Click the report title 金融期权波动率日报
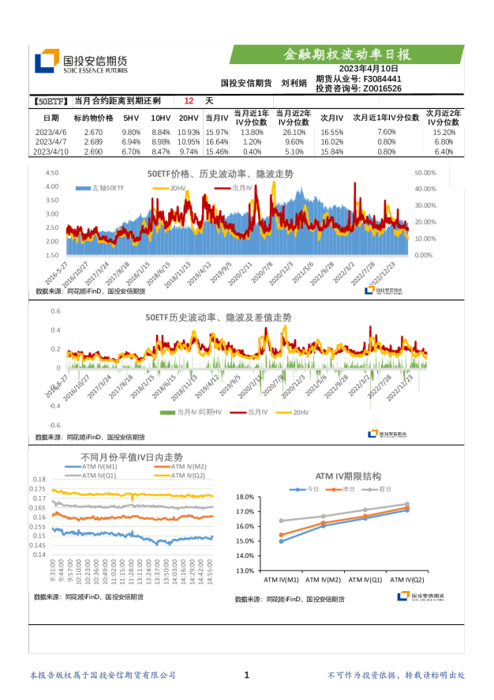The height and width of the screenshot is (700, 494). [x=347, y=55]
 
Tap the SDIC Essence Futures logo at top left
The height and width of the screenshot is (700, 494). [x=81, y=62]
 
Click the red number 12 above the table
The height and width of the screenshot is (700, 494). [x=188, y=101]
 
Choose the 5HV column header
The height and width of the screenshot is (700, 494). [x=131, y=118]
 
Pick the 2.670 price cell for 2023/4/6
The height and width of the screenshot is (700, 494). [x=93, y=132]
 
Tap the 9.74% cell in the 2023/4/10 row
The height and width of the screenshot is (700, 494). [x=189, y=152]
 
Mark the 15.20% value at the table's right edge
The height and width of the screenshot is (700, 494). [x=444, y=132]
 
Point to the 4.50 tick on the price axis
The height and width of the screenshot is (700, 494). [x=52, y=172]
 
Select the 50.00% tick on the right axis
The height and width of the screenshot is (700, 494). [x=425, y=172]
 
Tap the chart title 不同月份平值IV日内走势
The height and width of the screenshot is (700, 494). [x=132, y=457]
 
